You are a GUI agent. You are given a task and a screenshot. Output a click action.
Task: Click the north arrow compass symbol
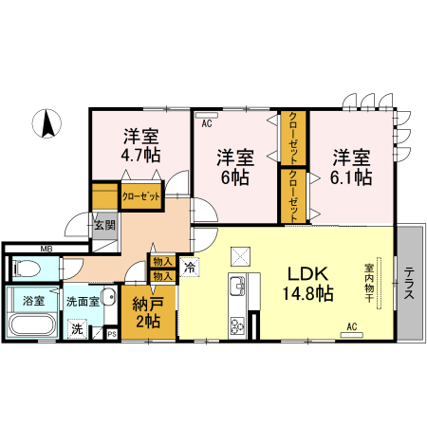(46, 123)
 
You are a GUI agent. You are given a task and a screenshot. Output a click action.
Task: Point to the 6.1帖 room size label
(351, 176)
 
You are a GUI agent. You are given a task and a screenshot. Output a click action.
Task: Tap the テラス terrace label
(409, 282)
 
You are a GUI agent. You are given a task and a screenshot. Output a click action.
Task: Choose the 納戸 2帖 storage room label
(147, 312)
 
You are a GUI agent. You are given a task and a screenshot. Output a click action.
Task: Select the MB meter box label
(46, 250)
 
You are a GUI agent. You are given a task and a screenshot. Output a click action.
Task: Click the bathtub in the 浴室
(31, 326)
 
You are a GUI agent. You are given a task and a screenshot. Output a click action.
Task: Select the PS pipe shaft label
(111, 333)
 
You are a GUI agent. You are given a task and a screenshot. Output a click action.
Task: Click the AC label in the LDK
(351, 326)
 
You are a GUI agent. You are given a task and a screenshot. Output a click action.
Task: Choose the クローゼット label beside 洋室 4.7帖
(139, 197)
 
